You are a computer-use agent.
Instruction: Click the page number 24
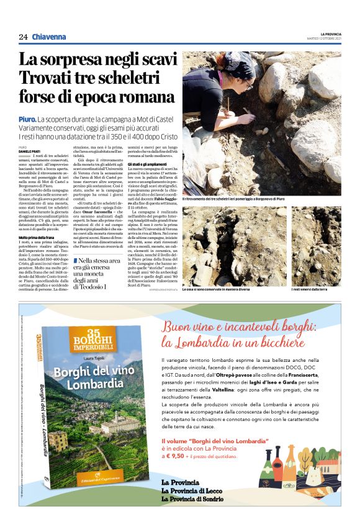point(23,37)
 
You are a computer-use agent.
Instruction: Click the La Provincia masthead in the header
point(330,34)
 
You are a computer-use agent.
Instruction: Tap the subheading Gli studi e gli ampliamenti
point(149,164)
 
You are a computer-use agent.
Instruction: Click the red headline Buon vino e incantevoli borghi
point(242,333)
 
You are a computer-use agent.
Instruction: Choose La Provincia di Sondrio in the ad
point(194,498)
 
